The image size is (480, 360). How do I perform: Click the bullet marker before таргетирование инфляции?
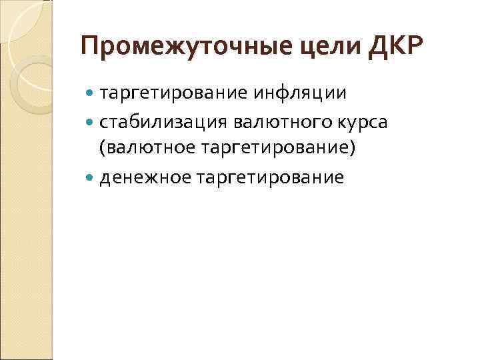click(91, 93)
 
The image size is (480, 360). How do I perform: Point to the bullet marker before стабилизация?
click(91, 122)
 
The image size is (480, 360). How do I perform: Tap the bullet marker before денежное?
click(91, 177)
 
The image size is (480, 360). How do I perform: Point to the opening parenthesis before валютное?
click(102, 148)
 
